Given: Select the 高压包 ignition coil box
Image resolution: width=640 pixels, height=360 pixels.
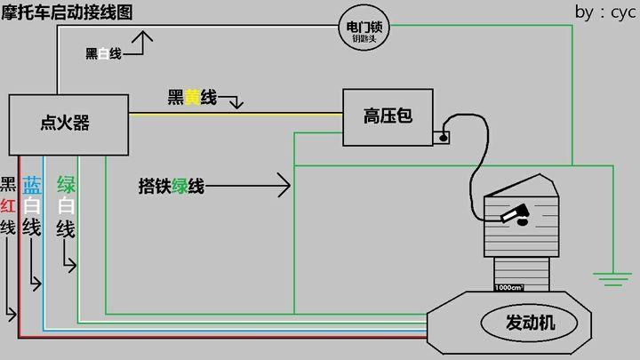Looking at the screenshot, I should (388, 116).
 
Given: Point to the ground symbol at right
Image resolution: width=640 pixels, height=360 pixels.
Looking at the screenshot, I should (612, 278).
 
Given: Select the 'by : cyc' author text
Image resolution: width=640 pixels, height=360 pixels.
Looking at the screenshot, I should (605, 12).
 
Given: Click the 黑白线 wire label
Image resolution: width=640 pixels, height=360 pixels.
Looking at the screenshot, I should (102, 53).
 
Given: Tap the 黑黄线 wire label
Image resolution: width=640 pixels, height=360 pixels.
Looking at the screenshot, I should (192, 97).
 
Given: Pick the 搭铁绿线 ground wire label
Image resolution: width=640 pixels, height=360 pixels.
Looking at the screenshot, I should (172, 186).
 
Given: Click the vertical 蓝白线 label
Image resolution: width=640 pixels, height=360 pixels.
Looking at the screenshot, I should (32, 205).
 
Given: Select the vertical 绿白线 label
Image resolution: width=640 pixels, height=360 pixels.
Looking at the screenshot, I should (65, 205).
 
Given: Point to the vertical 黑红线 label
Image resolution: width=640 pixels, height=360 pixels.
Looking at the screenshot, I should (8, 205).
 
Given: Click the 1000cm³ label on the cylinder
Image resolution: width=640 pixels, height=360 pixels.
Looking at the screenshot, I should (508, 287).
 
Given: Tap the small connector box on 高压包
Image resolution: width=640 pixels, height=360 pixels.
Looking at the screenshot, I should (442, 137).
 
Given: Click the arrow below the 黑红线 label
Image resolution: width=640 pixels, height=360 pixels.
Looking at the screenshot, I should (11, 313).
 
